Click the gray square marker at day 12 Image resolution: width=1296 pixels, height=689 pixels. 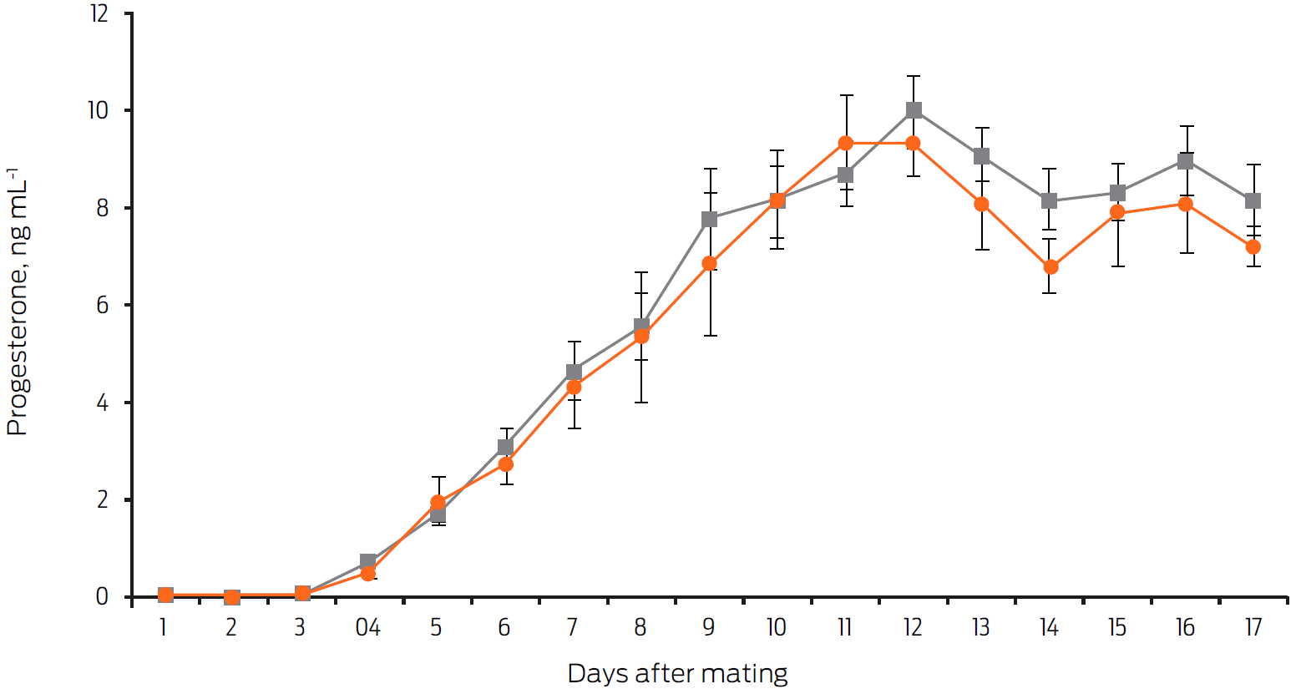pyautogui.click(x=914, y=110)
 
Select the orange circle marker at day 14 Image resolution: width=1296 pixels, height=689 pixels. pyautogui.click(x=1050, y=267)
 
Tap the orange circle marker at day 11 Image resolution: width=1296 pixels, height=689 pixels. pyautogui.click(x=846, y=144)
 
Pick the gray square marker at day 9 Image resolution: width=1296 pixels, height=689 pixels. pyautogui.click(x=710, y=220)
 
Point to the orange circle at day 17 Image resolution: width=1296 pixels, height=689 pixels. pyautogui.click(x=1253, y=247)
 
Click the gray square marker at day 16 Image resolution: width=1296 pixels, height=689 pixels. pyautogui.click(x=1185, y=161)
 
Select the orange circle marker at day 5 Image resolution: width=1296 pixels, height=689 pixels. pyautogui.click(x=438, y=503)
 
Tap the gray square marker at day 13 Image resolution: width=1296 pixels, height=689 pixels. pyautogui.click(x=981, y=156)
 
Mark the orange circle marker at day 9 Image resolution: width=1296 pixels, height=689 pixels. pyautogui.click(x=710, y=264)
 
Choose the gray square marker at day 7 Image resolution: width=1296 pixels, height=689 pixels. pyautogui.click(x=574, y=372)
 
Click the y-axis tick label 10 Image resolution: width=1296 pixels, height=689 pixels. pyautogui.click(x=98, y=110)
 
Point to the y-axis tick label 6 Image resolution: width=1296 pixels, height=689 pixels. pyautogui.click(x=103, y=305)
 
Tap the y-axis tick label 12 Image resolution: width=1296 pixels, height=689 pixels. pyautogui.click(x=99, y=13)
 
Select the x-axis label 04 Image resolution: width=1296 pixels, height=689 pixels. pyautogui.click(x=367, y=628)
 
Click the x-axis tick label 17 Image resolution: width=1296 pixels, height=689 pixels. pyautogui.click(x=1253, y=628)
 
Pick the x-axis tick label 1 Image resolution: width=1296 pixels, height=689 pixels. pyautogui.click(x=164, y=628)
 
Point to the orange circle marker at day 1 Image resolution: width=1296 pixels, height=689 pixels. pyautogui.click(x=165, y=595)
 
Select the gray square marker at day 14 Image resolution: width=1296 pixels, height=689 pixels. pyautogui.click(x=1050, y=201)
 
